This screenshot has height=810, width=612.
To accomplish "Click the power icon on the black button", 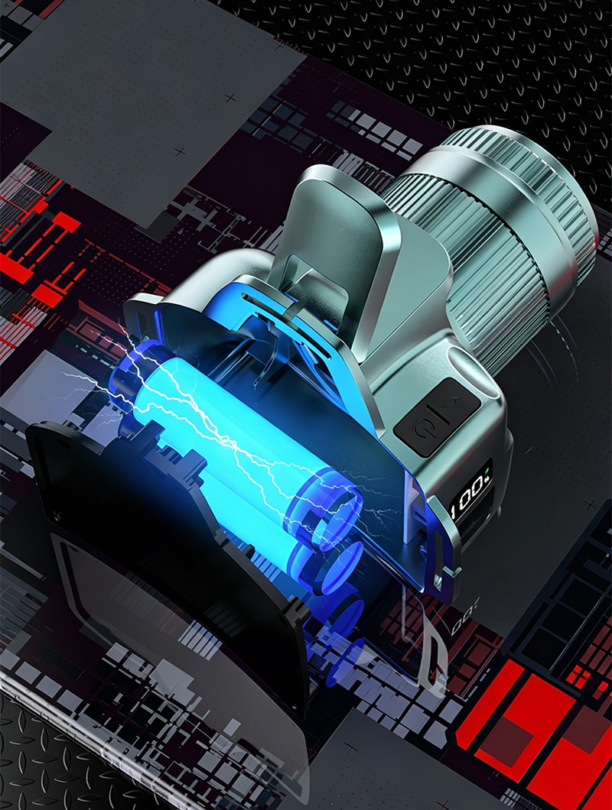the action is [x=419, y=426].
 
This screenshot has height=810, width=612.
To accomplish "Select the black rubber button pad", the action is [x=437, y=416].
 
